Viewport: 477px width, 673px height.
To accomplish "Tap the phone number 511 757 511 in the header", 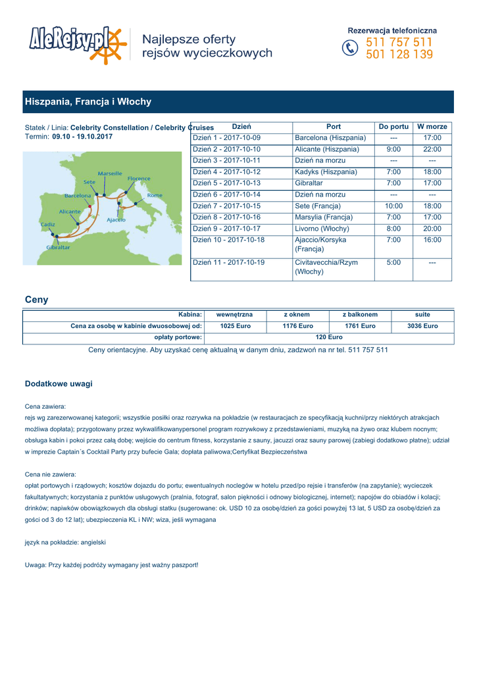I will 399,43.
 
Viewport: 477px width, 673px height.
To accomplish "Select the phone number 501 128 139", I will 399,55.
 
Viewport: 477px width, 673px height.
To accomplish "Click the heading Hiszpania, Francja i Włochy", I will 88,102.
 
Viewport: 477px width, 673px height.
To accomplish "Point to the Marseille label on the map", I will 110,174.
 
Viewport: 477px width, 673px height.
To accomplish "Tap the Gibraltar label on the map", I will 59,247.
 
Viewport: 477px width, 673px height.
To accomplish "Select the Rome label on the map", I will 155,195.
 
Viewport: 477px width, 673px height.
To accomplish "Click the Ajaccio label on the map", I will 116,220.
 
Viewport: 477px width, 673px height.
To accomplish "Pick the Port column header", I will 334,126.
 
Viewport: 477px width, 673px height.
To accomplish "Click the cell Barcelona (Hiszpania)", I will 330,138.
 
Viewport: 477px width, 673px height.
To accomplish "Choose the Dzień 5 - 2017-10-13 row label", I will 226,183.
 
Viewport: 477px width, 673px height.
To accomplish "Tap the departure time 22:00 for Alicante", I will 432,149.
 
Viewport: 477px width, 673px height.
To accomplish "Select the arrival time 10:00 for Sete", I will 393,206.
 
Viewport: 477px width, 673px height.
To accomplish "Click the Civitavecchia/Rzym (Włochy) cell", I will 327,267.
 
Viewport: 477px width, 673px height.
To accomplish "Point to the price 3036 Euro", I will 422,326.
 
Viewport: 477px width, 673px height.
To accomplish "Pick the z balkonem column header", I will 360,315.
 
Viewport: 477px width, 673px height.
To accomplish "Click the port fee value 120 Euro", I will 329,337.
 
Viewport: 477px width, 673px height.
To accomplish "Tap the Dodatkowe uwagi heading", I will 59,383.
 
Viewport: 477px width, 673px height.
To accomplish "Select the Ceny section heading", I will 36,300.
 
